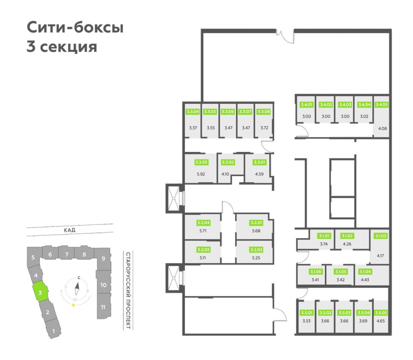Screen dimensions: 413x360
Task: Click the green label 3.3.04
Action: (x=192, y=112)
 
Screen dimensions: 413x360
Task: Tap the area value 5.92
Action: (x=201, y=174)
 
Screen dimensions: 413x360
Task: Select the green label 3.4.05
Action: (x=381, y=105)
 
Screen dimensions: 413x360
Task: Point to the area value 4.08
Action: (x=383, y=129)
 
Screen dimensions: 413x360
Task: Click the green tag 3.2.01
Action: (x=256, y=223)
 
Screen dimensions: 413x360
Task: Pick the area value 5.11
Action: (x=203, y=258)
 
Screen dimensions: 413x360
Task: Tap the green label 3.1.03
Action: (x=381, y=236)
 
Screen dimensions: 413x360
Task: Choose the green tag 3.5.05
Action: (x=381, y=313)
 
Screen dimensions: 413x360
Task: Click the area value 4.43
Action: (x=365, y=280)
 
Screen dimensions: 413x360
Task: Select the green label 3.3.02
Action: (x=228, y=162)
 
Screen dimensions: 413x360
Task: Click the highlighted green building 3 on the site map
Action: (x=40, y=292)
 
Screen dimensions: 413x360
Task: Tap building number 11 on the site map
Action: (x=103, y=307)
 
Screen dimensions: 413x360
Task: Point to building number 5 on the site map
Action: (x=33, y=257)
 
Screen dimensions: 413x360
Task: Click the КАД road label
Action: (x=69, y=230)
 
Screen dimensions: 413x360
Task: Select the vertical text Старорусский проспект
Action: (x=128, y=291)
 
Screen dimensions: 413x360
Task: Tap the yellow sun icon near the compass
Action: (x=74, y=305)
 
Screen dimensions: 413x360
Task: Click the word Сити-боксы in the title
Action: (x=75, y=27)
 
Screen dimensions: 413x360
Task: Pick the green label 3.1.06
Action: (x=315, y=271)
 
